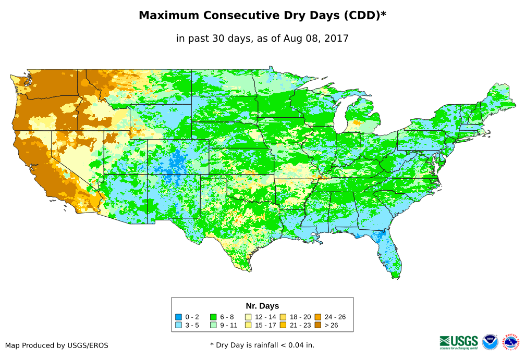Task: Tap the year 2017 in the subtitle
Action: coord(337,38)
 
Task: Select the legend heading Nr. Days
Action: coord(262,306)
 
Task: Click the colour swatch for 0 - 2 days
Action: coord(178,317)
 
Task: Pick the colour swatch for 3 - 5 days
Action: coord(178,325)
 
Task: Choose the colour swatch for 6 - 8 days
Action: coord(213,317)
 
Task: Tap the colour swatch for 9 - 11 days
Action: coord(213,325)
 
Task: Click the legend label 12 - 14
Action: coord(265,317)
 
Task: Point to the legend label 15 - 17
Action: coord(265,325)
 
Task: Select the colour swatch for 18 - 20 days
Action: coord(283,317)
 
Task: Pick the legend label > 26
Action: coord(331,325)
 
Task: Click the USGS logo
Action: coord(459,342)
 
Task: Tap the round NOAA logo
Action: coord(490,342)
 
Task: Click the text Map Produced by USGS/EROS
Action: coord(57,345)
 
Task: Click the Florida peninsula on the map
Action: coord(388,255)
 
